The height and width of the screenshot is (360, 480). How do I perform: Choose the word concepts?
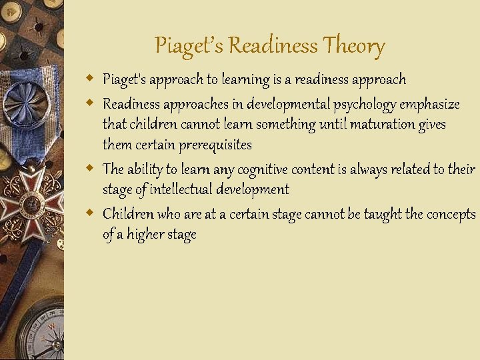coord(451,214)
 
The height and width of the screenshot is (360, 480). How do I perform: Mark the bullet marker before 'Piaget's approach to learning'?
coord(90,79)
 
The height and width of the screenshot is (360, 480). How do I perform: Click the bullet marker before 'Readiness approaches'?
coord(90,104)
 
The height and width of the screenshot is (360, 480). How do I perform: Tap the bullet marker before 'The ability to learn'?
coord(90,169)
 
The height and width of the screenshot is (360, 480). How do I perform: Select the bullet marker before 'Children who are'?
coord(90,213)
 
